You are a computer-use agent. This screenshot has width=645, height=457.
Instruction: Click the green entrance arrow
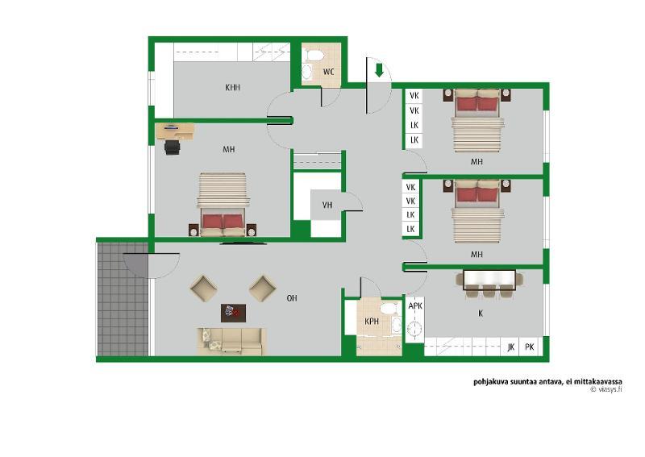click(379, 70)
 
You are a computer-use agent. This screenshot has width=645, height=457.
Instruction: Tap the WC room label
click(328, 72)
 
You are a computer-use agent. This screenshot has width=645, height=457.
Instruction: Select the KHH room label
click(232, 87)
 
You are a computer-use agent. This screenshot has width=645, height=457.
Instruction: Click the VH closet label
click(327, 205)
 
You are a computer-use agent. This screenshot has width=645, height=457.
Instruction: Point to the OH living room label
click(292, 297)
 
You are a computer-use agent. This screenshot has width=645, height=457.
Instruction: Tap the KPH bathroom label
click(372, 322)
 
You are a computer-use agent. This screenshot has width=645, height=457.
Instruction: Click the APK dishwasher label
click(415, 306)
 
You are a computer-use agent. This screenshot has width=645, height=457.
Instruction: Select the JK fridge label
click(511, 347)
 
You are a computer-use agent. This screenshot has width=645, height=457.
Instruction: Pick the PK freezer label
click(530, 347)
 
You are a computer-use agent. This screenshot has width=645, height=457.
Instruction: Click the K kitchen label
click(480, 314)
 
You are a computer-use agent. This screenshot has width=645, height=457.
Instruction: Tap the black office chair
click(173, 147)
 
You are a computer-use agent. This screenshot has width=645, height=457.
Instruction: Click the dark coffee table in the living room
click(233, 313)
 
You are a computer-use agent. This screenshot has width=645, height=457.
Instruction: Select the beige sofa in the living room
click(231, 341)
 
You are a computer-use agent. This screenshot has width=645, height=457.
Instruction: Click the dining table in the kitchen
click(489, 280)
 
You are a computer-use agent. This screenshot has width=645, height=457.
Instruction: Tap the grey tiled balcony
click(123, 299)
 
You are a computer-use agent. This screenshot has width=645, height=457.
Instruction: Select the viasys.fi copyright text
click(606, 389)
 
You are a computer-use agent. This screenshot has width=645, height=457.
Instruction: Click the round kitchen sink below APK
click(414, 329)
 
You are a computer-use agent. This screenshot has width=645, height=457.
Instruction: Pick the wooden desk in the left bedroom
click(176, 131)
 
